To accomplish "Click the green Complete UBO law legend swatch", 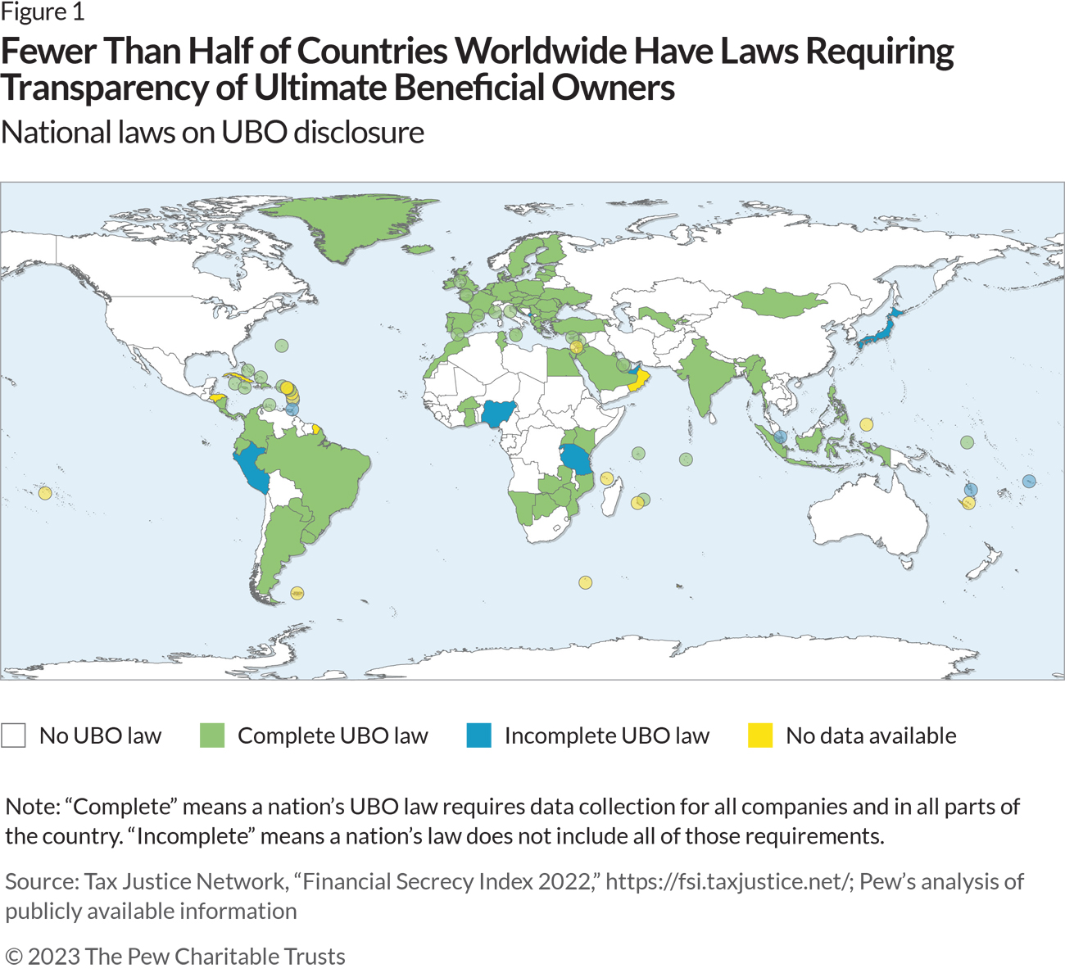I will coord(212,735).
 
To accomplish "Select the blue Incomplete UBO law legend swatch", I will coord(479,735).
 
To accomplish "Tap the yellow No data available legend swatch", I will coord(760,735).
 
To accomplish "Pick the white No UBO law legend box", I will coord(14,735).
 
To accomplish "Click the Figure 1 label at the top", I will coord(43,12).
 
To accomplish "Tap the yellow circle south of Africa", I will coord(585,583).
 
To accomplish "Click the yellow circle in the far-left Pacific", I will coord(45,493).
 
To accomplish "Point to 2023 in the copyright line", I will coord(53,956).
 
